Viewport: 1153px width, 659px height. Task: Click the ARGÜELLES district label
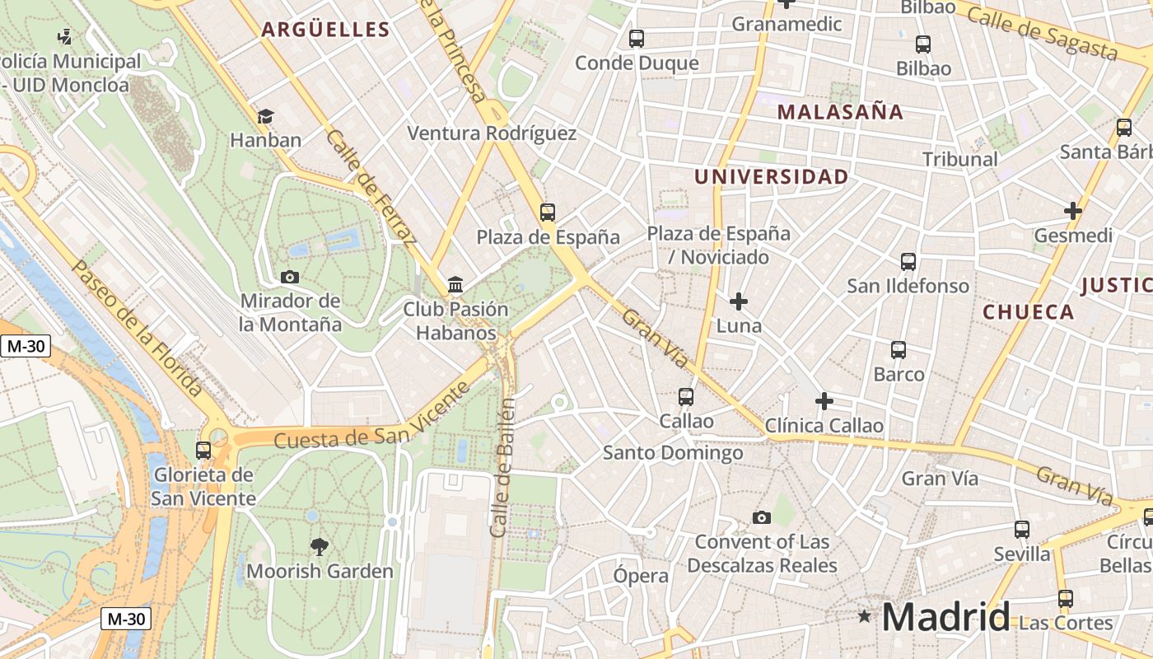click(325, 30)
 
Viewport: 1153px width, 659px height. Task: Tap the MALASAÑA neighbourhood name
click(840, 112)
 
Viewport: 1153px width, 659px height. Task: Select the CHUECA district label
click(1029, 312)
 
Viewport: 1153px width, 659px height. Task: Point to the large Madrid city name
click(946, 616)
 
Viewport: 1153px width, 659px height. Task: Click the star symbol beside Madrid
click(864, 615)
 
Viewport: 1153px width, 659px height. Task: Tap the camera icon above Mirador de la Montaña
click(290, 277)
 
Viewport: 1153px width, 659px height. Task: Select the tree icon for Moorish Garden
click(319, 545)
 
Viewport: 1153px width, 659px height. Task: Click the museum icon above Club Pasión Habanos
click(455, 285)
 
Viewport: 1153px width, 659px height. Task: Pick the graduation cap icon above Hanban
click(265, 116)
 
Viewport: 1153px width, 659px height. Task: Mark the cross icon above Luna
click(739, 301)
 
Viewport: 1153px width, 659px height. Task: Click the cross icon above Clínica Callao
click(824, 401)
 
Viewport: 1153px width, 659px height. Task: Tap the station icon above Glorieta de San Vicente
click(203, 450)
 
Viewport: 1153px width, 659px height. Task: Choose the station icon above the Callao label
click(686, 397)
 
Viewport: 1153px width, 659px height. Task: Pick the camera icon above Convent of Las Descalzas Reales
click(762, 517)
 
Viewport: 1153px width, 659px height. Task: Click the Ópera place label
click(641, 576)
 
